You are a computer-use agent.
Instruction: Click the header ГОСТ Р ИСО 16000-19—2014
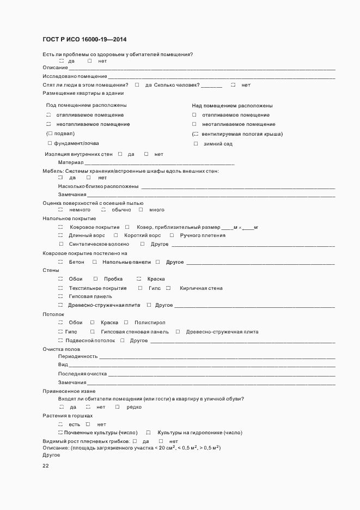coord(85,40)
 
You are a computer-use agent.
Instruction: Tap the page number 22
coord(46,466)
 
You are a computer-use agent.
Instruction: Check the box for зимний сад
coord(196,144)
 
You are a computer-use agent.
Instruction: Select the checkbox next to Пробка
coord(95,279)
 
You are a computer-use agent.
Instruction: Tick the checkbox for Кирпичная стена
coord(168,288)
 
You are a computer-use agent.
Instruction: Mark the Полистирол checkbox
coord(126,323)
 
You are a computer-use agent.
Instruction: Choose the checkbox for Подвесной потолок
coord(60,341)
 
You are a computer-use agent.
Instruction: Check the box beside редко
coord(117,407)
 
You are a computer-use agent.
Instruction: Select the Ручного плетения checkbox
coord(172,235)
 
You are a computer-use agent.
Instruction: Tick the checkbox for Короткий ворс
coord(115,235)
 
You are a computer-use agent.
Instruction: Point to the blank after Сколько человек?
coord(212,86)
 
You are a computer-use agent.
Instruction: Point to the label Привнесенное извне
coord(69,391)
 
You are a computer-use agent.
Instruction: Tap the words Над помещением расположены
coord(232,106)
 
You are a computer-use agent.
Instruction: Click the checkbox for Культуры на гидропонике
coord(148,433)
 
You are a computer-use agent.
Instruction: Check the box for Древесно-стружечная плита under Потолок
coord(178,332)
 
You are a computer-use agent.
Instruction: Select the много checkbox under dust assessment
coord(141,210)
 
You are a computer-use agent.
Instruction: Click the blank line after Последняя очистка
coord(221,374)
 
